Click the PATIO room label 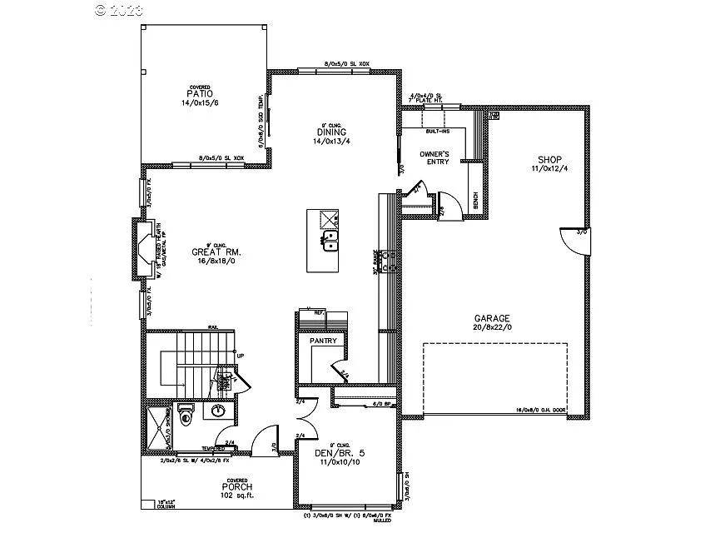[x=198, y=94]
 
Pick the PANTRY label [x=323, y=341]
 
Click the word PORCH [x=236, y=486]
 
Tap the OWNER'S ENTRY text [x=434, y=158]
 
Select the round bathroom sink [x=219, y=410]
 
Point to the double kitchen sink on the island [x=330, y=242]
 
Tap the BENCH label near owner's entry [x=475, y=202]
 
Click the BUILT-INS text [x=438, y=132]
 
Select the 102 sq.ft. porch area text [x=237, y=496]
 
